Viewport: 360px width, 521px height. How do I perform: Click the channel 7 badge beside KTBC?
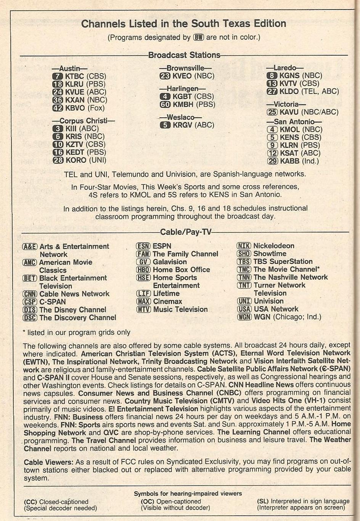tap(57, 76)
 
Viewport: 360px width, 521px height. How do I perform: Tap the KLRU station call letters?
tap(74, 84)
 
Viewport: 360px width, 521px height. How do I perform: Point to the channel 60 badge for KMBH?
tap(165, 104)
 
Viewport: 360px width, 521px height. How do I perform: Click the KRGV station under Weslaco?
tap(183, 125)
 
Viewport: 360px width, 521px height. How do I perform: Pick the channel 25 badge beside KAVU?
tap(272, 112)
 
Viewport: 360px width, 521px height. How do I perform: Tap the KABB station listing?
tap(289, 161)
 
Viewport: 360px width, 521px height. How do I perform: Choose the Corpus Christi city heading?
tap(84, 121)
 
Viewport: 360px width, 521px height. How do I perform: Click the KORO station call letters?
tap(76, 160)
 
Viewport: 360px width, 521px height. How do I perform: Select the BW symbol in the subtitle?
tap(199, 37)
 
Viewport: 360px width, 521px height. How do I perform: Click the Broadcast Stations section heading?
tap(184, 55)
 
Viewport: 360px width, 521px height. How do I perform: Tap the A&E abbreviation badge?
tap(30, 247)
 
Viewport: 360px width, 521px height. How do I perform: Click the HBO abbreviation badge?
tap(143, 270)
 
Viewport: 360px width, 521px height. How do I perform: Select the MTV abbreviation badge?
tap(143, 309)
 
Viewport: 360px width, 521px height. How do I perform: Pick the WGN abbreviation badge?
tap(244, 317)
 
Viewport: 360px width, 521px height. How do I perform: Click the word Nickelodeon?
tap(274, 246)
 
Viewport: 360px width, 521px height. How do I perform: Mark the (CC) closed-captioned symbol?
tap(31, 502)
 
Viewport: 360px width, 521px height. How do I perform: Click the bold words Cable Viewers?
tap(48, 462)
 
